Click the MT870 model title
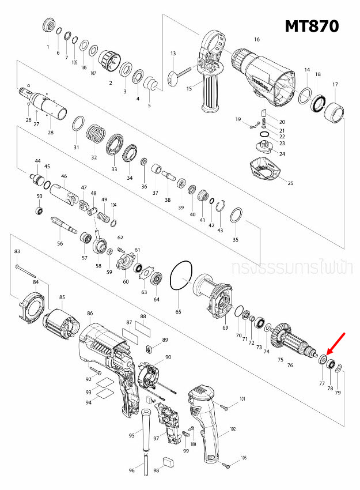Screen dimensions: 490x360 [x=312, y=25]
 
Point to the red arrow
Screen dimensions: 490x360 [x=336, y=344]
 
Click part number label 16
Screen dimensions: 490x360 [x=257, y=40]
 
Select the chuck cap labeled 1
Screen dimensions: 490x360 [x=48, y=27]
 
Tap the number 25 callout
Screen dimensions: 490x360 [x=290, y=183]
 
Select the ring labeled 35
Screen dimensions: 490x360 [x=236, y=216]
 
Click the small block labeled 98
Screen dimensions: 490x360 [x=169, y=461]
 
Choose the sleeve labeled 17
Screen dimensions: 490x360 [x=334, y=110]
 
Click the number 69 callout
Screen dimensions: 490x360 [x=225, y=328]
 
